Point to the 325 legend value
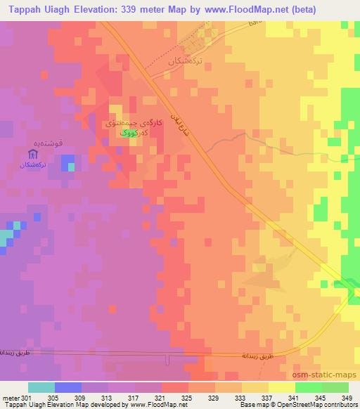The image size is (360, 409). (188, 398)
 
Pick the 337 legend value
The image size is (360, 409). (268, 398)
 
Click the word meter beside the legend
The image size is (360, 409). (10, 398)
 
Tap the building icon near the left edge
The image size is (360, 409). (32, 154)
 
